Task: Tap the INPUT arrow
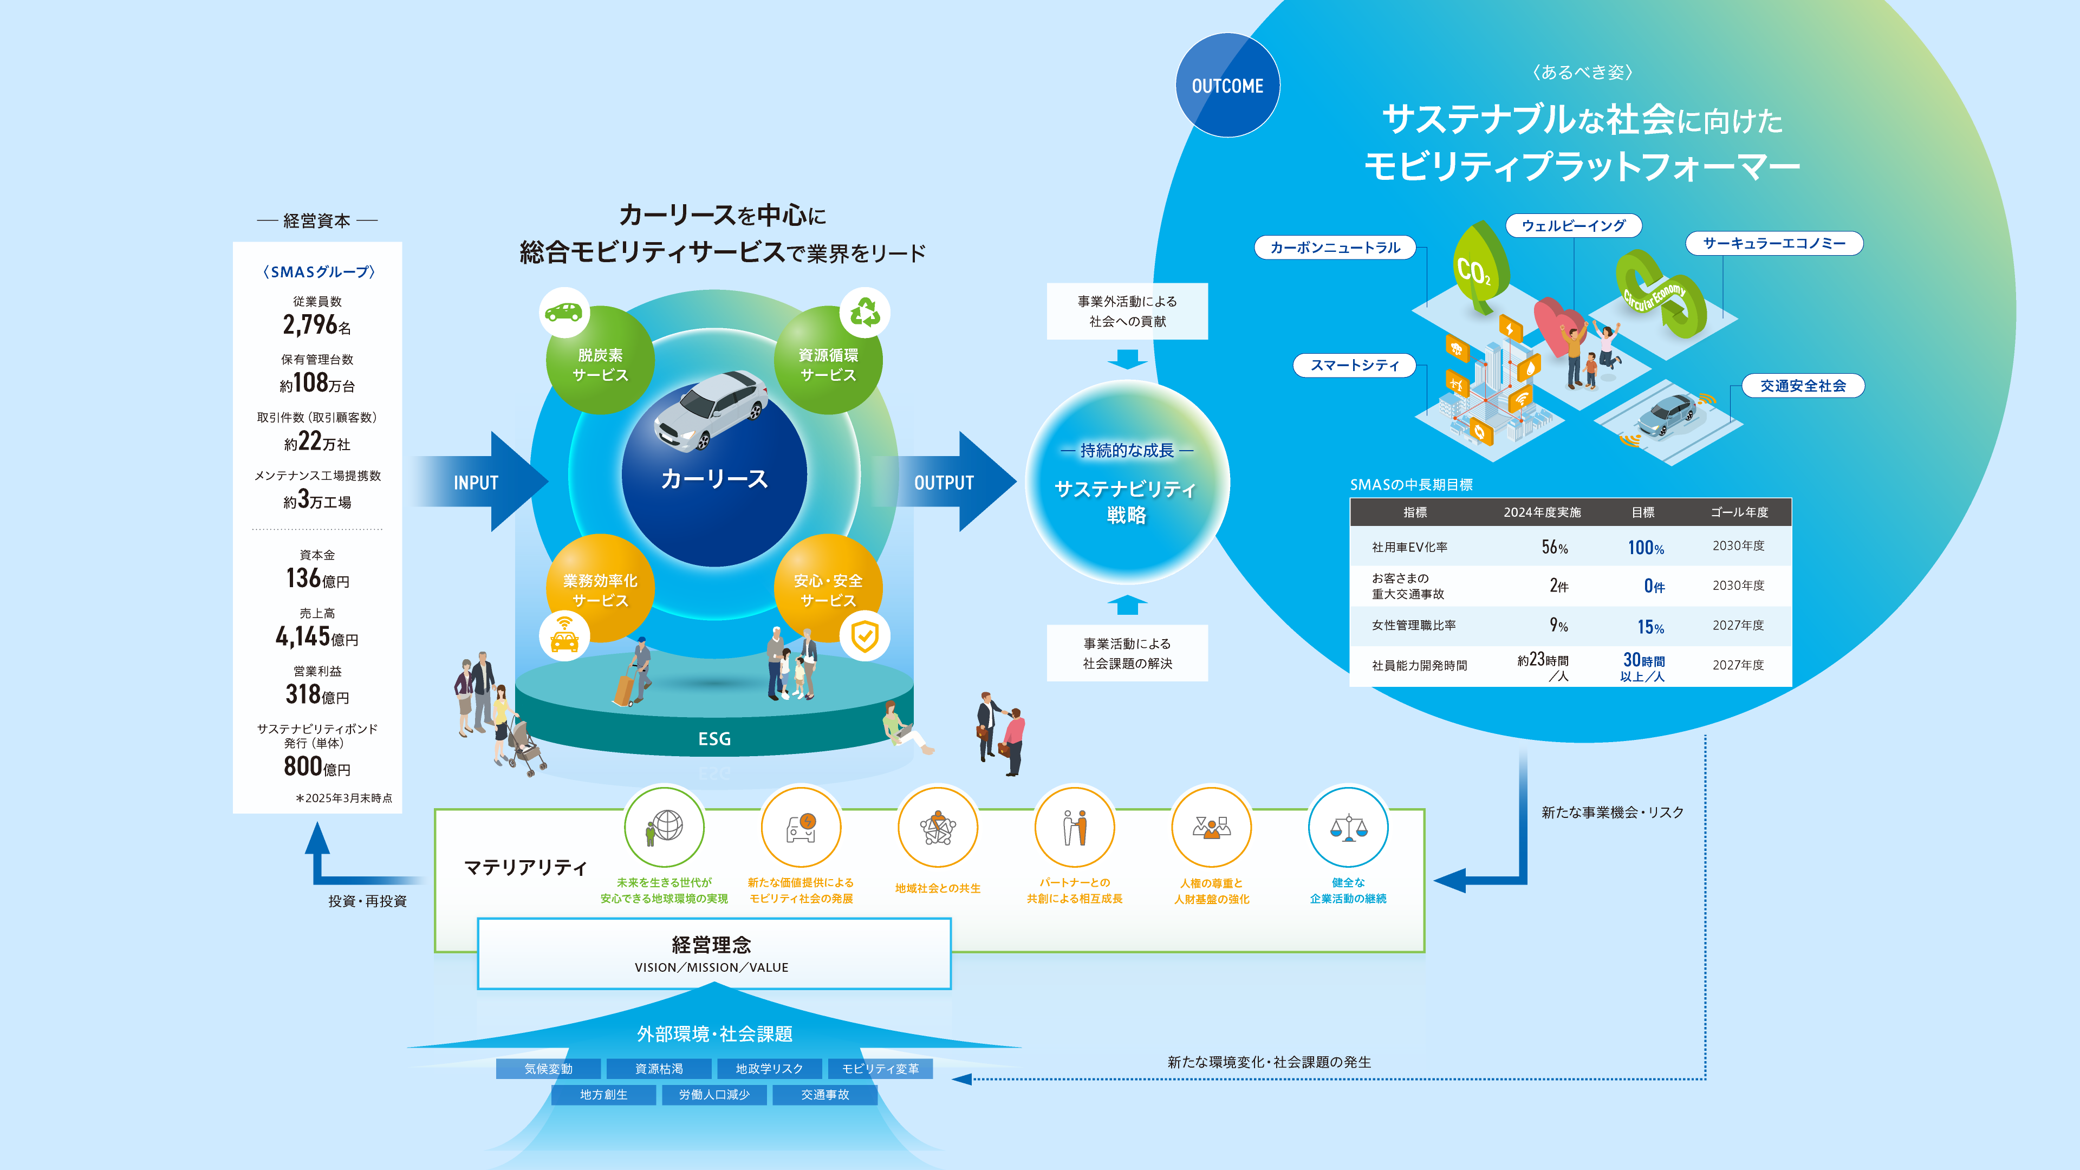tap(480, 482)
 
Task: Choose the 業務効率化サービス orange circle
tap(600, 589)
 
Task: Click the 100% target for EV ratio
tap(1645, 548)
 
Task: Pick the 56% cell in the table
tap(1555, 548)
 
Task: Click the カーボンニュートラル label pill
tap(1335, 248)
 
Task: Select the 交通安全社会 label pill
tap(1802, 386)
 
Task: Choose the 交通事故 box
tap(824, 1095)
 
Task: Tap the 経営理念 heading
tap(711, 945)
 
